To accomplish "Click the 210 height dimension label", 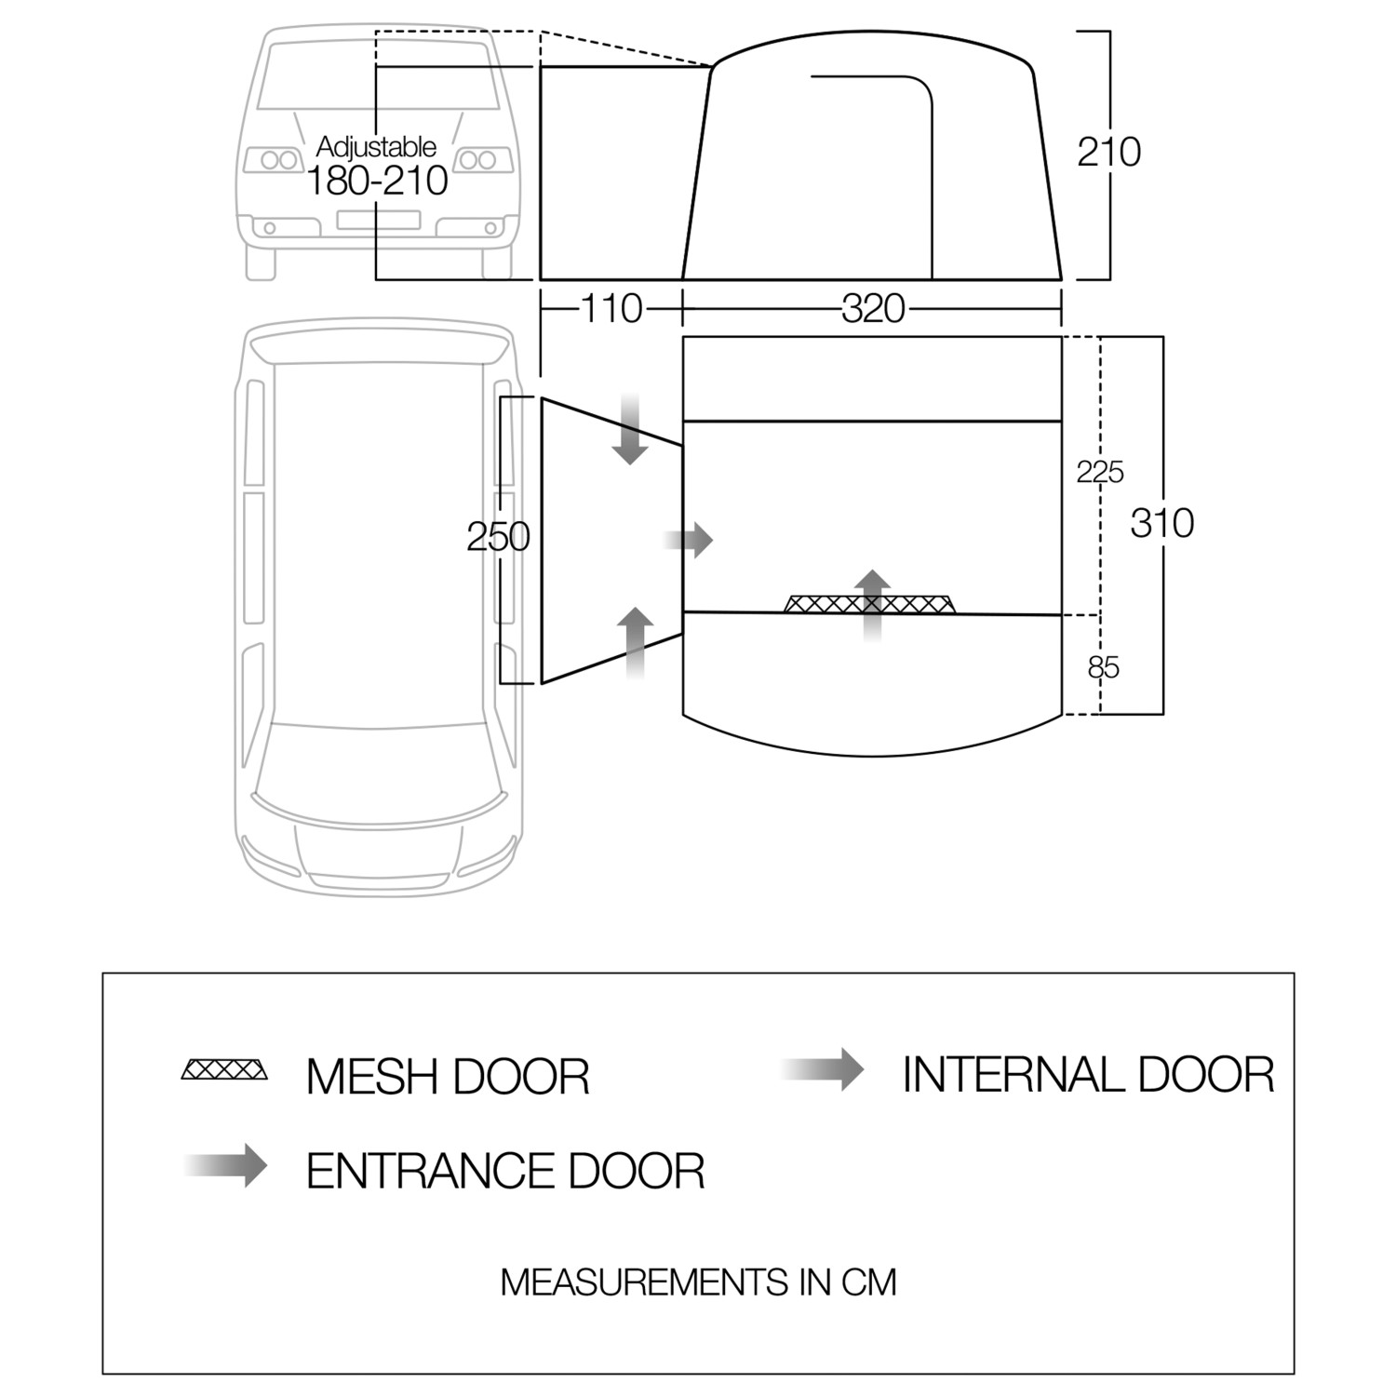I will click(x=1108, y=152).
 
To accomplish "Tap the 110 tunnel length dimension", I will click(x=611, y=308).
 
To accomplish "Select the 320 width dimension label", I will click(x=873, y=308).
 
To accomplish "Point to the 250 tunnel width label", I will click(x=498, y=537).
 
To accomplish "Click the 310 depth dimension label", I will click(x=1161, y=524).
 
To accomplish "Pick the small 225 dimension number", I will click(x=1100, y=473).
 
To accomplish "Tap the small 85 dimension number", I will click(x=1103, y=667).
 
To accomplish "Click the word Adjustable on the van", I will click(x=376, y=146).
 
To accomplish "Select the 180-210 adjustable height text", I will click(x=377, y=181).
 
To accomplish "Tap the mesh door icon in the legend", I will click(x=224, y=1069).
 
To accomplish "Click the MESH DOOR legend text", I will click(x=448, y=1077).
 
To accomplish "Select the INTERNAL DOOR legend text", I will click(x=1087, y=1075).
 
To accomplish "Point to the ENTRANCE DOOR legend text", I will click(x=504, y=1171).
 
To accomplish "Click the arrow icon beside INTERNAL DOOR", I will click(x=825, y=1069).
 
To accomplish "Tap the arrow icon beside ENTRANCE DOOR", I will click(x=228, y=1165).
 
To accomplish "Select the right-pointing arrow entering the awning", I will click(x=689, y=539).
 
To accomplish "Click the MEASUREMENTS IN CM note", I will click(x=698, y=1282).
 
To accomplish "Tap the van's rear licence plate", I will click(x=378, y=221).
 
